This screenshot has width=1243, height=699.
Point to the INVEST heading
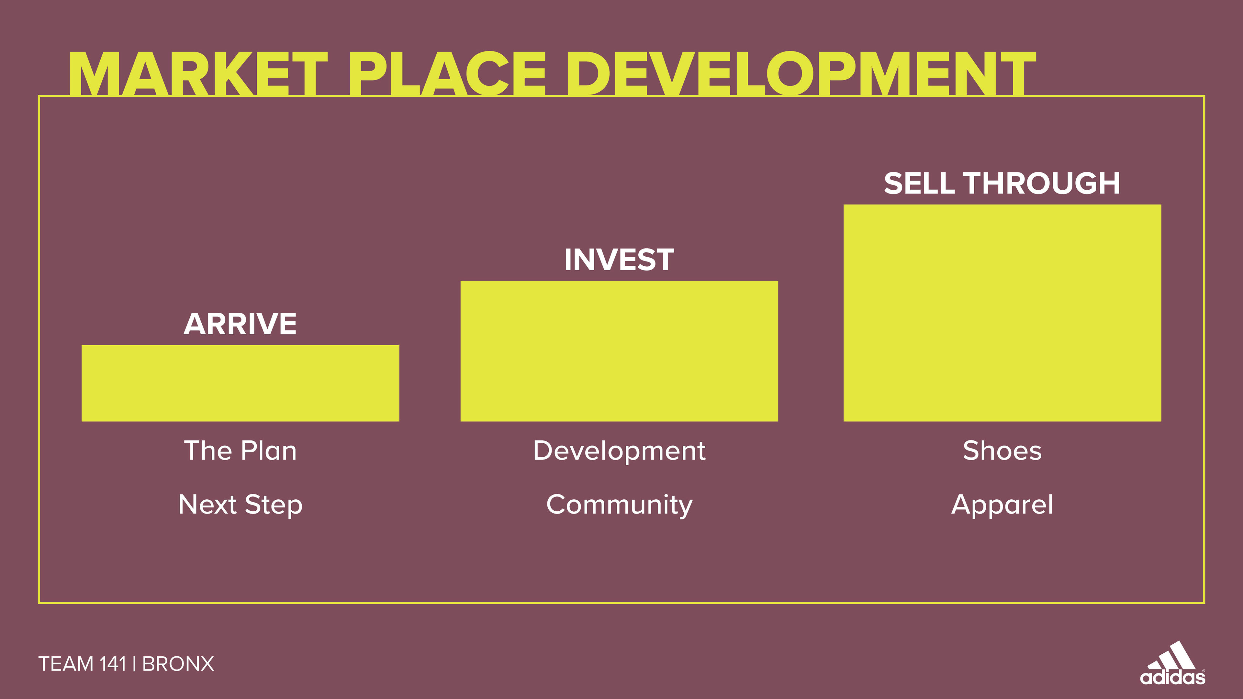pos(619,260)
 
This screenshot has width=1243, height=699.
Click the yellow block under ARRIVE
pos(240,383)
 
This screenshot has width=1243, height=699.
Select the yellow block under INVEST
pos(619,351)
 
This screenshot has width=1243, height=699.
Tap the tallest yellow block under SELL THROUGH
pos(1002,313)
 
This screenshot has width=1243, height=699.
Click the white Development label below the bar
pos(619,451)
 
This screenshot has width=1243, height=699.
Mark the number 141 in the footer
pos(112,664)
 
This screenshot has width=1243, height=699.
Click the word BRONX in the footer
pos(178,664)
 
